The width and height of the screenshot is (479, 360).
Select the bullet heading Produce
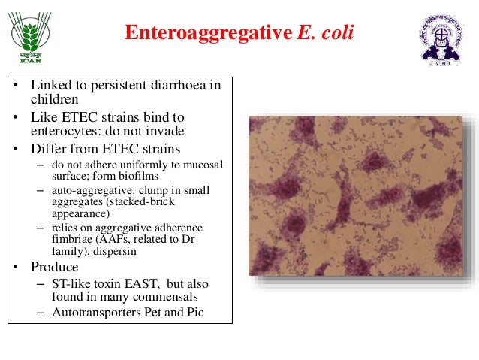(x=54, y=267)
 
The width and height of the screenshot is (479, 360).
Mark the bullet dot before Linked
(x=14, y=86)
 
